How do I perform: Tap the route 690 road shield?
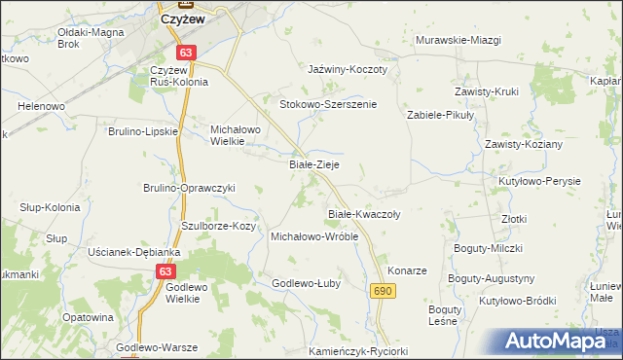pos(382,291)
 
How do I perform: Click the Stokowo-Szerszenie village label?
pos(328,104)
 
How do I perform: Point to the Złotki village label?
pos(514,219)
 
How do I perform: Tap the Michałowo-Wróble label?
pos(314,236)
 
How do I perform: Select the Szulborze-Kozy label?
pos(218,226)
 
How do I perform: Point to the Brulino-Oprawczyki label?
pos(190,188)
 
